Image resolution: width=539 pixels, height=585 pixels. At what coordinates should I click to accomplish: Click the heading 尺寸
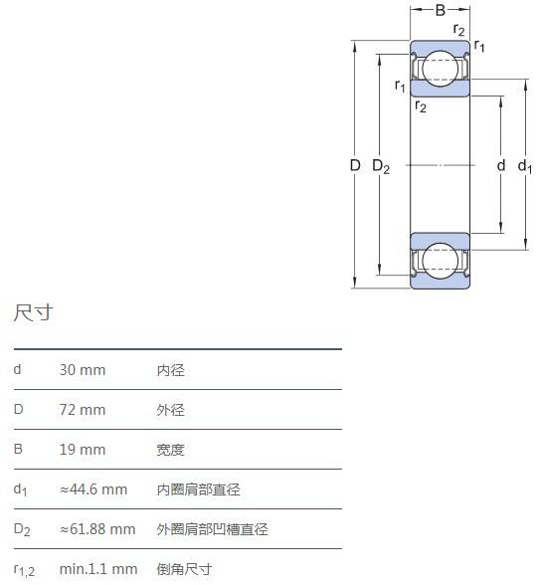pyautogui.click(x=33, y=312)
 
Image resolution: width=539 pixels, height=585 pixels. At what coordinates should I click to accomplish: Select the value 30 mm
pyautogui.click(x=83, y=370)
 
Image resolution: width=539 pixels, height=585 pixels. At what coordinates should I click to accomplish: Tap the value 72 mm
pyautogui.click(x=83, y=410)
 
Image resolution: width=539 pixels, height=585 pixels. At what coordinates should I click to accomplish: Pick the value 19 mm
pyautogui.click(x=83, y=450)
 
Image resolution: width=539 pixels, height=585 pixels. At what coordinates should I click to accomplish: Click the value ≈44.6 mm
pyautogui.click(x=93, y=489)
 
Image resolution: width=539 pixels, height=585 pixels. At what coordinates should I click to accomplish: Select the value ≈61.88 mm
pyautogui.click(x=97, y=529)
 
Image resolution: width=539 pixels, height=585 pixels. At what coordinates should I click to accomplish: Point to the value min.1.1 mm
pyautogui.click(x=98, y=569)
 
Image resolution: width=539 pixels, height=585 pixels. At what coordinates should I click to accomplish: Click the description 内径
pyautogui.click(x=170, y=370)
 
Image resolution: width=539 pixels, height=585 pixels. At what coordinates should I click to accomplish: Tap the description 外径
pyautogui.click(x=170, y=410)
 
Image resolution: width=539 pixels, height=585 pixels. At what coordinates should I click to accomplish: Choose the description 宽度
pyautogui.click(x=170, y=450)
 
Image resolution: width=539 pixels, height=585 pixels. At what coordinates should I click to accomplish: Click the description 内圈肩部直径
pyautogui.click(x=199, y=489)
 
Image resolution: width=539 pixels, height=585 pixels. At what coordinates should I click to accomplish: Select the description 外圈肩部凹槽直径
pyautogui.click(x=212, y=529)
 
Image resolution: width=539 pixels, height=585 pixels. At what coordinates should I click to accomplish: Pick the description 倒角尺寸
pyautogui.click(x=184, y=569)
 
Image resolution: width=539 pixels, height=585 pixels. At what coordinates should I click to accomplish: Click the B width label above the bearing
pyautogui.click(x=441, y=10)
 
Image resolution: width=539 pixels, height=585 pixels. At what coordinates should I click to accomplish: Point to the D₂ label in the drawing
pyautogui.click(x=381, y=166)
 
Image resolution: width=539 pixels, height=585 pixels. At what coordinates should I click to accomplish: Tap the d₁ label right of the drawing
pyautogui.click(x=524, y=166)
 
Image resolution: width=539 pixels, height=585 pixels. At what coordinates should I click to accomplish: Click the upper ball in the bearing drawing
pyautogui.click(x=441, y=69)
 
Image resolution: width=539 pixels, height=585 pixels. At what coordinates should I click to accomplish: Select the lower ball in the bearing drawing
pyautogui.click(x=441, y=261)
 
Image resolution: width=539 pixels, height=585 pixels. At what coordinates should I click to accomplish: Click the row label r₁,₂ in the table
pyautogui.click(x=24, y=570)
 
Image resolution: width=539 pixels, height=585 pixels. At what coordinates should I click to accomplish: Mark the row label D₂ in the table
pyautogui.click(x=22, y=529)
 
